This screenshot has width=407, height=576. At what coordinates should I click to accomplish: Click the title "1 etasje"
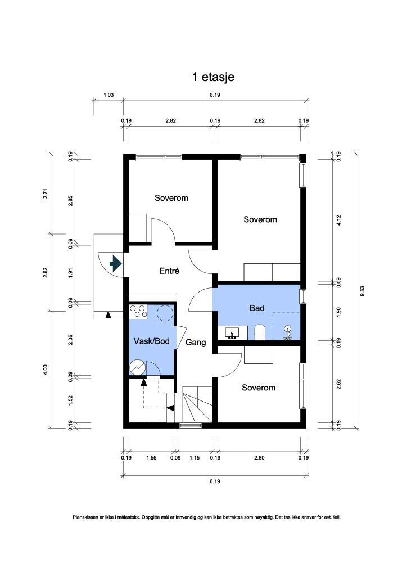[x=213, y=77]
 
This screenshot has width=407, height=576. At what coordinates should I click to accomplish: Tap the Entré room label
[x=169, y=271]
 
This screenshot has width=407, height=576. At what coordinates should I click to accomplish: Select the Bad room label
[x=257, y=308]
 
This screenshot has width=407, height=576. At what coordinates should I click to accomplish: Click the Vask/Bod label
[x=152, y=341]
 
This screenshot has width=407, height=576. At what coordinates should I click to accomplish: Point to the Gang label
[x=196, y=343]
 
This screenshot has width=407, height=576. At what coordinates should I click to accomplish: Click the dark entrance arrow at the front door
[x=116, y=263]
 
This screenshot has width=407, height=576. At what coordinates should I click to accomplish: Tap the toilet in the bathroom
[x=260, y=332]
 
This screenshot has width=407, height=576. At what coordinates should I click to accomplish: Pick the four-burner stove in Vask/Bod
[x=138, y=312]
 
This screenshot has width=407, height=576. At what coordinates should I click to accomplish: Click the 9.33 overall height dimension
[x=362, y=291]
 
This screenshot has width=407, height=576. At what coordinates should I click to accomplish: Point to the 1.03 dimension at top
[x=108, y=94]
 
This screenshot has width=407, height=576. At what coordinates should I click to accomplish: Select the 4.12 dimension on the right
[x=339, y=220]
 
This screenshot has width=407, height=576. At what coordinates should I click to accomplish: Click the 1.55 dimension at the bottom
[x=151, y=458]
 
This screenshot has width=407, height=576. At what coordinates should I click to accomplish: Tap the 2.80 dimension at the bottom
[x=259, y=458]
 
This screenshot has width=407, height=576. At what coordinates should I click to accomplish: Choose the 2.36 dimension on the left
[x=70, y=339]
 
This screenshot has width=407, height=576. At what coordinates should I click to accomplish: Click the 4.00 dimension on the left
[x=45, y=370]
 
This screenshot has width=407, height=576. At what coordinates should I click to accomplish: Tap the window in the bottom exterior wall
[x=191, y=426]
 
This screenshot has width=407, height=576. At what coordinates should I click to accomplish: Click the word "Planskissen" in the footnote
[x=85, y=517]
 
